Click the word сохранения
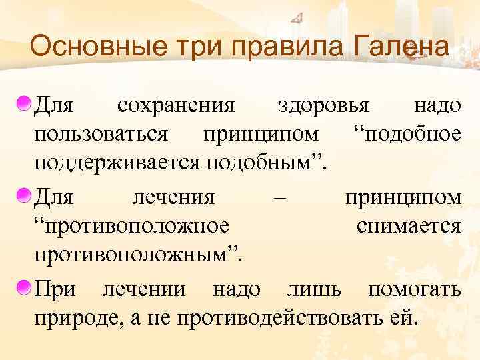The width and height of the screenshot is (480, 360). pos(175,105)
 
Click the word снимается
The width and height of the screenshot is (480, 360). pos(408,226)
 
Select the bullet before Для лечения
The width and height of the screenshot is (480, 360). pos(24,197)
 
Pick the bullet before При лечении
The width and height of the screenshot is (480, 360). pos(24,289)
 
